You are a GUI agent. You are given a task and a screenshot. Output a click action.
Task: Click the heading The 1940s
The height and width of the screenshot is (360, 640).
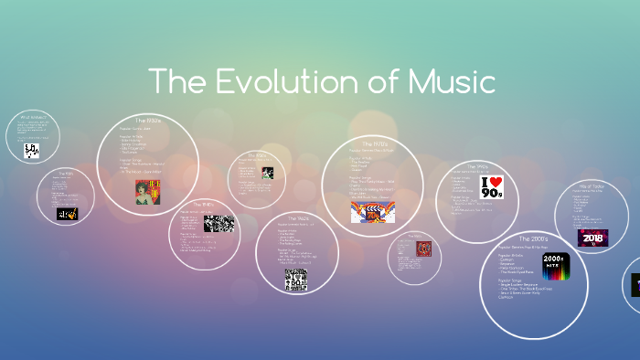click(202, 204)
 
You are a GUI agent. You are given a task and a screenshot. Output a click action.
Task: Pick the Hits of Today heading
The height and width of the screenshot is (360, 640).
click(592, 185)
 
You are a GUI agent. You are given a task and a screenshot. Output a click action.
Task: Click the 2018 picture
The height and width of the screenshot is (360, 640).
click(592, 238)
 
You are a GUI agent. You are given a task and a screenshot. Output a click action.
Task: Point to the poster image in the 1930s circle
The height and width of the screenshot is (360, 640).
click(147, 191)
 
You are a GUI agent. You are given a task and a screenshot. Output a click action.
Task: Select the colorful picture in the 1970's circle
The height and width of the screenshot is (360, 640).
click(372, 212)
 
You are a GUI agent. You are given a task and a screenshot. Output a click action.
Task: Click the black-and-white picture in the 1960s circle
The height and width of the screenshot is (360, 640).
click(294, 280)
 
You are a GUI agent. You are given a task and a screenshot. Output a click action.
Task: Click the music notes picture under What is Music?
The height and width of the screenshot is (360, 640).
click(32, 151)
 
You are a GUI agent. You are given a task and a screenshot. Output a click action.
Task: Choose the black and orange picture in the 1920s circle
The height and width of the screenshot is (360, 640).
click(67, 214)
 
